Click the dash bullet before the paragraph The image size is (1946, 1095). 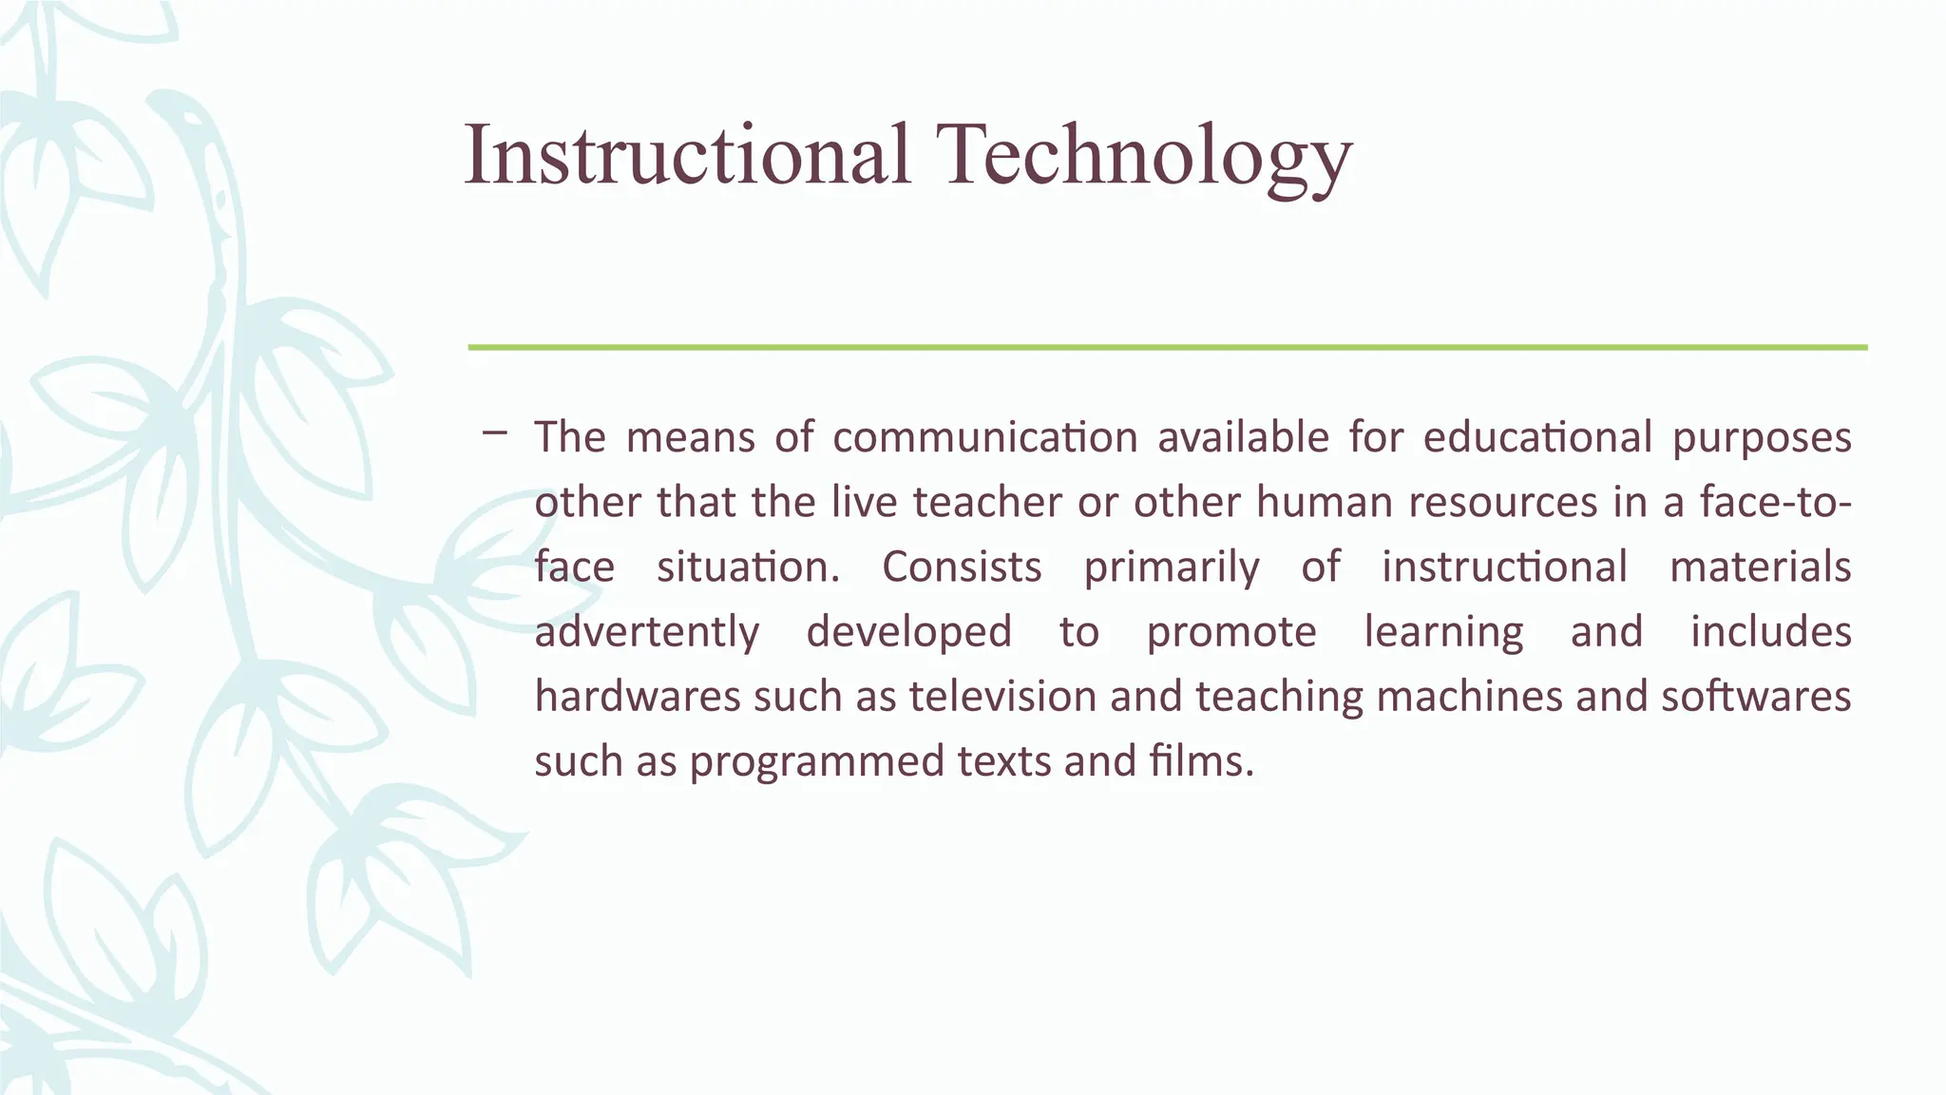click(494, 433)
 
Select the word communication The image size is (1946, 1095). click(985, 437)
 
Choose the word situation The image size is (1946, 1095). click(748, 567)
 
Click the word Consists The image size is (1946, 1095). click(962, 567)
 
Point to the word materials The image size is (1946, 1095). click(1760, 567)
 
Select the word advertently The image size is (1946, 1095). click(647, 632)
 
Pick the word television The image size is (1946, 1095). click(1002, 696)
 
